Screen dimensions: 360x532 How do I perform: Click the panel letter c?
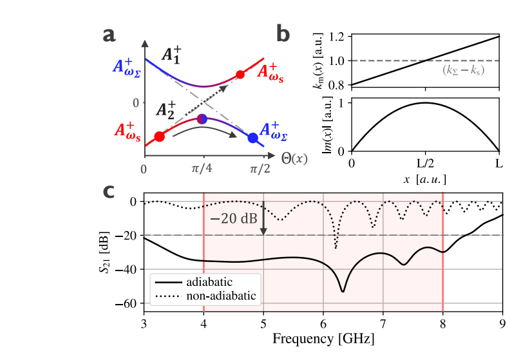click(110, 191)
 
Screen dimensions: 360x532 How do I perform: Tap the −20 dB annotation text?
click(233, 219)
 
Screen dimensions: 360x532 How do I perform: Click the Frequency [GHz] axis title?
click(323, 337)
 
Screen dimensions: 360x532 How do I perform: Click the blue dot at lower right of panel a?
click(253, 137)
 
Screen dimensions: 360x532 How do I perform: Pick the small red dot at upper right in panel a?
click(240, 75)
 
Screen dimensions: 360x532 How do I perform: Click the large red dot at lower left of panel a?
click(160, 137)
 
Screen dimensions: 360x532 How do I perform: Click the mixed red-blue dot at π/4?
click(202, 118)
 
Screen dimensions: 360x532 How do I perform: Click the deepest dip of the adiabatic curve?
click(343, 291)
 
